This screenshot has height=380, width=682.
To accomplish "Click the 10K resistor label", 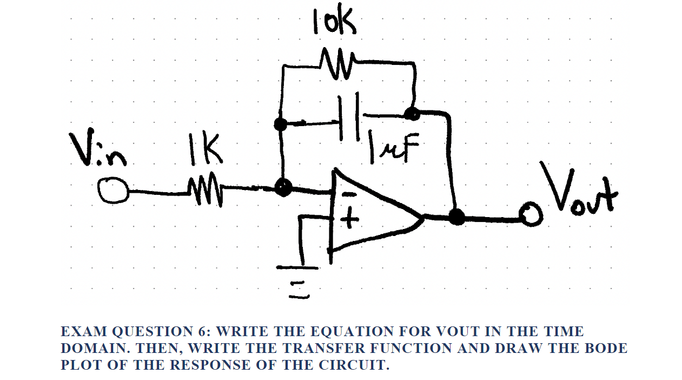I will click(334, 23).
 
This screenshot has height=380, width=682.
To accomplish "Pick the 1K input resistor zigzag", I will click(204, 191).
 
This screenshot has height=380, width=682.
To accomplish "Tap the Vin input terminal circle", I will click(112, 191).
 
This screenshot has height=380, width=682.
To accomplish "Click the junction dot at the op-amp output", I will click(457, 217).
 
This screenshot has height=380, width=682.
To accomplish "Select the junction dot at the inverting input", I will click(283, 188).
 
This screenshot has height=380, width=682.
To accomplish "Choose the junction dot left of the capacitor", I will click(281, 124).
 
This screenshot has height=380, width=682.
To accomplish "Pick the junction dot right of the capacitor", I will click(412, 114).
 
